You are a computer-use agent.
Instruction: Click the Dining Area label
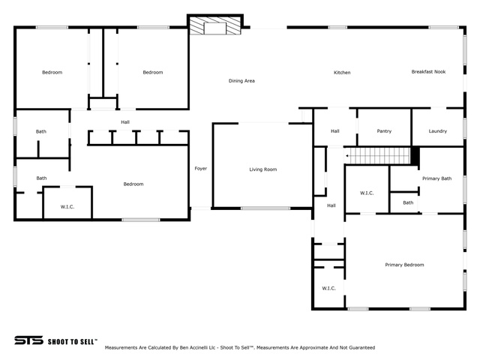241,81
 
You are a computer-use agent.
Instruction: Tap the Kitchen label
342,73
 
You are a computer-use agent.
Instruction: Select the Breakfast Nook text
428,72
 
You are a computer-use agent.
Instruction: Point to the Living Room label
263,169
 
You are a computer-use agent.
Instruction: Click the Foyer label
201,168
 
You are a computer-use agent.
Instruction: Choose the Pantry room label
384,131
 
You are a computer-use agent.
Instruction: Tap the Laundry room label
438,131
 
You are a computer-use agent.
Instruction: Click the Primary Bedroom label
404,265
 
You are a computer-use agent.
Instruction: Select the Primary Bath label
436,178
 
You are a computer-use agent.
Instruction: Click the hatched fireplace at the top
215,25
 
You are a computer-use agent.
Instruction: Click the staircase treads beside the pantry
377,156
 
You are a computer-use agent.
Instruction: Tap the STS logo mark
28,340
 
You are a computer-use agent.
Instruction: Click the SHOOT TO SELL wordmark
72,342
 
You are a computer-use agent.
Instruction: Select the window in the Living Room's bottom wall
265,208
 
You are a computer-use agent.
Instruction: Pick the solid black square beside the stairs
415,156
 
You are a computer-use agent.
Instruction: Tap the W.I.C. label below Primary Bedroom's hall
328,288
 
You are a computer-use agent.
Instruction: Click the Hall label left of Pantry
335,131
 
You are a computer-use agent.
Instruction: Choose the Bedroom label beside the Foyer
133,184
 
